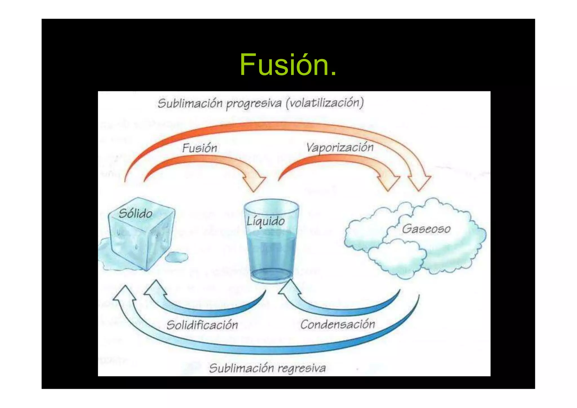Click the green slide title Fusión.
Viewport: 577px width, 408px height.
click(x=288, y=65)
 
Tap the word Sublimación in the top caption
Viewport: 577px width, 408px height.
click(x=190, y=103)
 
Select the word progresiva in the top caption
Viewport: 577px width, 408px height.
click(x=254, y=104)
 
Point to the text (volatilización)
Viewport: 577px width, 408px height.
click(x=325, y=103)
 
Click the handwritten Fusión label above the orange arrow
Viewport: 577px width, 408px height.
click(x=199, y=148)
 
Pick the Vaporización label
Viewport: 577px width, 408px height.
click(x=340, y=148)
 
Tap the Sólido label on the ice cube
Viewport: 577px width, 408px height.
click(x=136, y=213)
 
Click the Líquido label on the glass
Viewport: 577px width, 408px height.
click(x=266, y=221)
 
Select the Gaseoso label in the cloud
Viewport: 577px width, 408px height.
click(x=426, y=229)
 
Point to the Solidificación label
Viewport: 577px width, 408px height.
click(x=202, y=325)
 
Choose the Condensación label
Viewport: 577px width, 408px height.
click(x=338, y=324)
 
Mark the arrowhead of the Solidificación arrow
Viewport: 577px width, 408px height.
click(x=155, y=288)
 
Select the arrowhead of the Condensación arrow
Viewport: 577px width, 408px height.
click(x=289, y=288)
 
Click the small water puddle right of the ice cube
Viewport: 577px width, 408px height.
click(x=176, y=257)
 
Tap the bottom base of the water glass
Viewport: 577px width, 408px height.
click(x=272, y=275)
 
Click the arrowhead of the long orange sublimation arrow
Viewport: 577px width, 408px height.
click(x=420, y=182)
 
